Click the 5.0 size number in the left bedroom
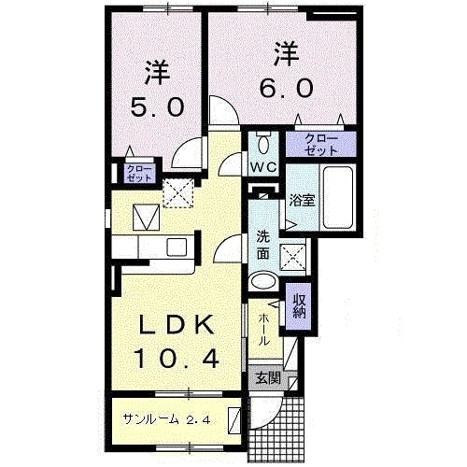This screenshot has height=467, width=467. [x=151, y=106]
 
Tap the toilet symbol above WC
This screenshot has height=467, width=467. [x=262, y=144]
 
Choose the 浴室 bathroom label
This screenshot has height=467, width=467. [x=300, y=200]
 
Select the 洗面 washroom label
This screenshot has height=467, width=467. [x=263, y=245]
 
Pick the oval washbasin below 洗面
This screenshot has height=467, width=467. [x=264, y=280]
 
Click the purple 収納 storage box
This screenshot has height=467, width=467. [x=300, y=306]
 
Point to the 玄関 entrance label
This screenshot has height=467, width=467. [x=269, y=379]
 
